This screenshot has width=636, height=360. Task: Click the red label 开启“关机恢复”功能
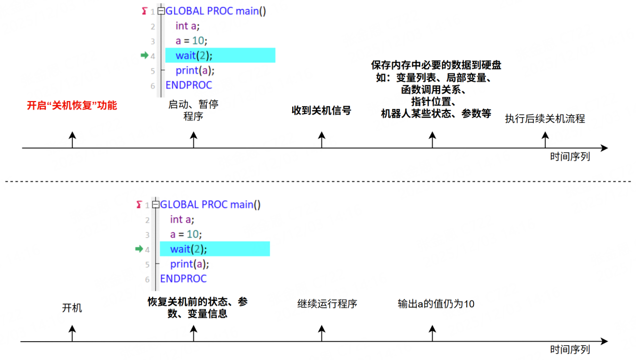pyautogui.click(x=72, y=106)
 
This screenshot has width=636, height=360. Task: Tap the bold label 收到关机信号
pyautogui.click(x=321, y=110)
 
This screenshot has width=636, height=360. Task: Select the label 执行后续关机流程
pyautogui.click(x=545, y=119)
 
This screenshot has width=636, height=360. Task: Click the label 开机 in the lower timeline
pyautogui.click(x=72, y=308)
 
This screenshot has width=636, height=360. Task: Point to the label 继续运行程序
pyautogui.click(x=327, y=304)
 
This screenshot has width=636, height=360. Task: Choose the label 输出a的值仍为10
pyautogui.click(x=436, y=304)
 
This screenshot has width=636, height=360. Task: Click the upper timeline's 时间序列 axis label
pyautogui.click(x=570, y=156)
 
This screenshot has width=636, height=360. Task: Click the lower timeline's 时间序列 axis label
pyautogui.click(x=570, y=350)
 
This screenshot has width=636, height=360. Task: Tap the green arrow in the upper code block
pyautogui.click(x=144, y=55)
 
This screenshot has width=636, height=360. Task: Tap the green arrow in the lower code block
pyautogui.click(x=139, y=249)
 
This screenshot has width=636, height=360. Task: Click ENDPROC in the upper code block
pyautogui.click(x=189, y=85)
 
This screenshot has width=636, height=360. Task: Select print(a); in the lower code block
pyautogui.click(x=190, y=264)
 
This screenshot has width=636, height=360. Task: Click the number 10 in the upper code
pyautogui.click(x=198, y=41)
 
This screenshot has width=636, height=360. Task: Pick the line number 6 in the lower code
pyautogui.click(x=147, y=280)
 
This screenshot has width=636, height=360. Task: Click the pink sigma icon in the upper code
pyautogui.click(x=144, y=11)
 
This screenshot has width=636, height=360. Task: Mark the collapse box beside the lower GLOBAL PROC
pyautogui.click(x=156, y=204)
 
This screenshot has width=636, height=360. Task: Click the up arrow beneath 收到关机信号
pyautogui.click(x=321, y=140)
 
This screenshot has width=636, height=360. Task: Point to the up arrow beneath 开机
pyautogui.click(x=72, y=333)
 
